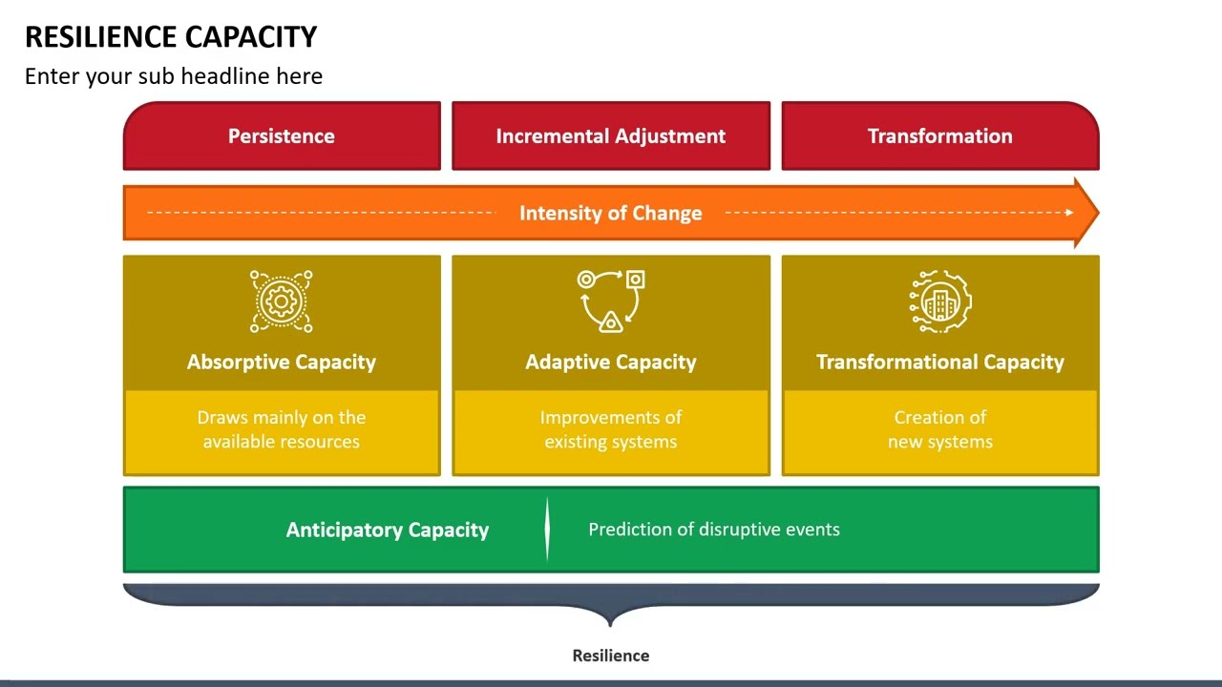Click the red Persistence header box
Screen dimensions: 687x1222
pyautogui.click(x=282, y=136)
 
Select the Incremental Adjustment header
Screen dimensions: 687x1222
pyautogui.click(x=611, y=136)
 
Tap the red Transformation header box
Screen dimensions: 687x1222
pyautogui.click(x=939, y=136)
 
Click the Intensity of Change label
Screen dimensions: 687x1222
pyautogui.click(x=611, y=213)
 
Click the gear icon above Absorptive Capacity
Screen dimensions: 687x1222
pyautogui.click(x=282, y=302)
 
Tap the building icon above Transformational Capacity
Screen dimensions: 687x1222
pyautogui.click(x=940, y=302)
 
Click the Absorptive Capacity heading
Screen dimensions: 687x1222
pyautogui.click(x=282, y=362)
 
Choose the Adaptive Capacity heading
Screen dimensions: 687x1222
pyautogui.click(x=611, y=362)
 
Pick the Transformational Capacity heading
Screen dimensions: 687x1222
pyautogui.click(x=940, y=362)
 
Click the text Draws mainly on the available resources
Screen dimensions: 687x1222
pyautogui.click(x=282, y=429)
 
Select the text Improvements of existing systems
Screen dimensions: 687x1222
pyautogui.click(x=611, y=429)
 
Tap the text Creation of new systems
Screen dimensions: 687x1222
pyautogui.click(x=940, y=429)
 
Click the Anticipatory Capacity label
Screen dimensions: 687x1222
pyautogui.click(x=388, y=530)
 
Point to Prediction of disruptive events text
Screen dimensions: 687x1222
pyautogui.click(x=714, y=530)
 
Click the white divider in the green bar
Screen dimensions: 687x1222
pyautogui.click(x=547, y=529)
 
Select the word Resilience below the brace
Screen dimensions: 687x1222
pyautogui.click(x=611, y=656)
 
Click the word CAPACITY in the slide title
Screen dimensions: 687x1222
pyautogui.click(x=251, y=37)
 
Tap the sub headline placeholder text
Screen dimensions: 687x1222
pyautogui.click(x=174, y=76)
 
